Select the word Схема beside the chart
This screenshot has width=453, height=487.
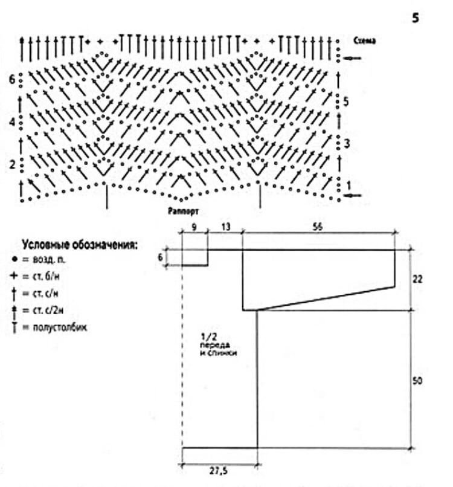(x=364, y=41)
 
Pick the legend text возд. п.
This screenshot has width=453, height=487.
(x=49, y=260)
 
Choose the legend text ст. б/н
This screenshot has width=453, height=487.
(x=48, y=276)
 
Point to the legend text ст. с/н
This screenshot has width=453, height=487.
(x=48, y=294)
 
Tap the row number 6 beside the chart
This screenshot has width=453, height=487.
(x=12, y=79)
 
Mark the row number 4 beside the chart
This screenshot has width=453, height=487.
(x=12, y=122)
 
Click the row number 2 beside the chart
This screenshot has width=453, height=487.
(x=12, y=164)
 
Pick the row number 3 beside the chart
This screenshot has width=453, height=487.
(x=346, y=143)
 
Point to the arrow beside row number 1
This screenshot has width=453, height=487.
(x=354, y=195)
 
